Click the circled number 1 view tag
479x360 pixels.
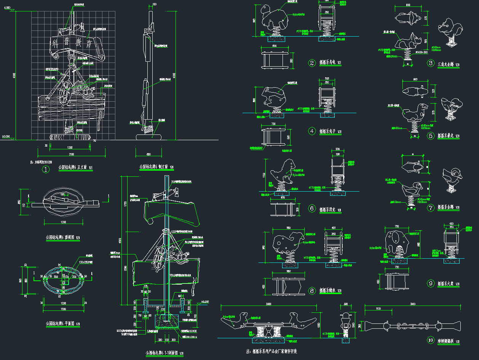46,170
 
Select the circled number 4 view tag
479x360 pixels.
312,131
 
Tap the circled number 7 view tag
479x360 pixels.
431,208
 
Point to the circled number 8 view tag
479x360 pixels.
312,291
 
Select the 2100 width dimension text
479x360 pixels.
72,154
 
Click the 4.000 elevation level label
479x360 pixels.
7,8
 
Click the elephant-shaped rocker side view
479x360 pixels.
398,243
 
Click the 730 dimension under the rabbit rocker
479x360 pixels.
273,124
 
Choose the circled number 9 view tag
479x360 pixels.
431,283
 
